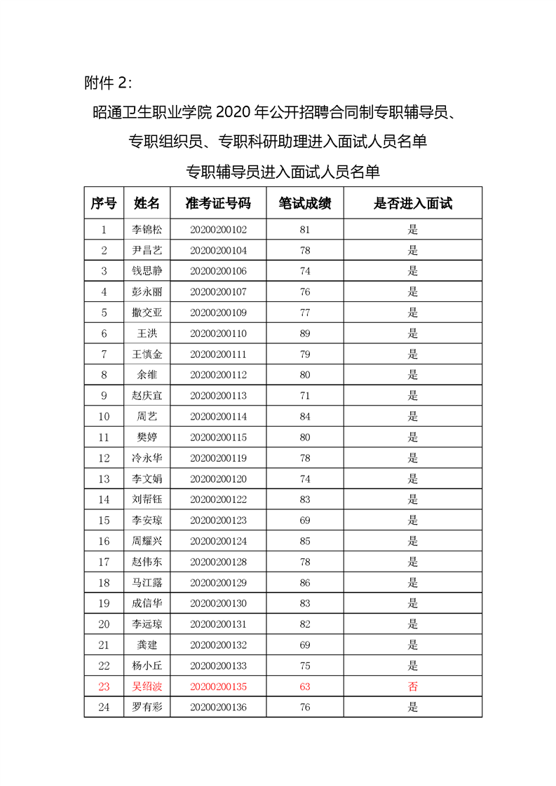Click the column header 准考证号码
[x=217, y=203]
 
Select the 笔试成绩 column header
[x=304, y=203]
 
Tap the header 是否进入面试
[x=412, y=203]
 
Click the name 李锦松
[x=147, y=229]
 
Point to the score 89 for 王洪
[x=304, y=333]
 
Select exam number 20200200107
[x=218, y=291]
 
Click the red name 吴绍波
[x=147, y=687]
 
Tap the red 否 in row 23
[x=412, y=687]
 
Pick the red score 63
[x=304, y=687]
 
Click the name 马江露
[x=147, y=583]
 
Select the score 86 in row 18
[x=304, y=583]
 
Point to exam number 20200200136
[x=218, y=707]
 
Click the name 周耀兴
[x=147, y=541]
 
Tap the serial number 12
[x=104, y=458]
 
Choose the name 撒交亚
[x=147, y=312]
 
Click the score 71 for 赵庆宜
[x=304, y=396]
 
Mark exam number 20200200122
[x=218, y=499]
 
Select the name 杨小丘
[x=147, y=666]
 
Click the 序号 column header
[x=104, y=203]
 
